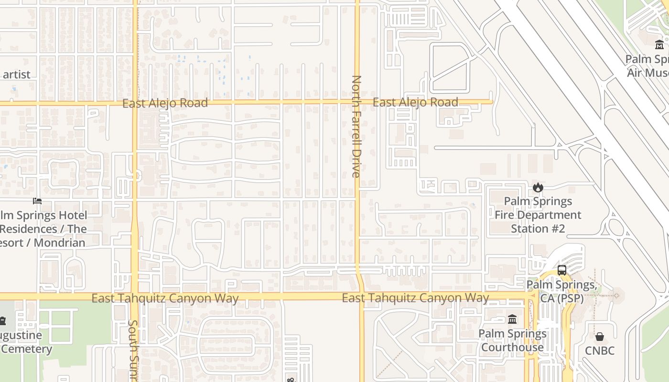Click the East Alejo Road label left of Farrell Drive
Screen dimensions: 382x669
click(x=165, y=103)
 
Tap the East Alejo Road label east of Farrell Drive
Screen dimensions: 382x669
click(x=415, y=102)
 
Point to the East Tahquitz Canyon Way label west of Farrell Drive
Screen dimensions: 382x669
click(x=165, y=298)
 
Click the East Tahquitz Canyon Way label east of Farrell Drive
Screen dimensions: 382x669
click(x=415, y=298)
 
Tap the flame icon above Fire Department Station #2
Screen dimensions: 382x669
click(x=538, y=187)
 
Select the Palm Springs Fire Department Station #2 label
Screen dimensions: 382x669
click(x=538, y=215)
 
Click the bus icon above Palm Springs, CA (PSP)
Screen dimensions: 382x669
click(x=561, y=270)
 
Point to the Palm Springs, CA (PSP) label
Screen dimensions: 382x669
click(x=560, y=291)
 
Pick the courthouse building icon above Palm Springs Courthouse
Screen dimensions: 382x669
click(x=512, y=319)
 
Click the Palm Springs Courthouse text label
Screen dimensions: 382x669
click(x=512, y=340)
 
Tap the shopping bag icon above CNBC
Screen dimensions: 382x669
click(x=599, y=337)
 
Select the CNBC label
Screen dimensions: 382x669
click(x=599, y=350)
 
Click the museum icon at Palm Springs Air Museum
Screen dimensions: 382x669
click(x=659, y=45)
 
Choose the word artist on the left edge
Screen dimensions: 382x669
click(x=16, y=74)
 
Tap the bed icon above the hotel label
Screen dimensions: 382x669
click(x=37, y=201)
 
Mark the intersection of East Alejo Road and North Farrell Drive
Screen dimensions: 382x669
click(x=356, y=102)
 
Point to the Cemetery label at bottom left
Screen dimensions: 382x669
click(x=26, y=349)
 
